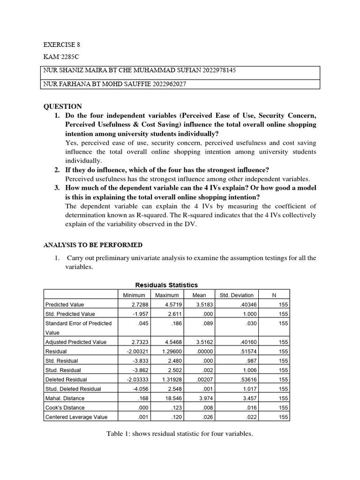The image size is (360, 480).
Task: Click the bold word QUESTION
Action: [63, 106]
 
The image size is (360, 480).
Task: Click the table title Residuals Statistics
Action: [166, 285]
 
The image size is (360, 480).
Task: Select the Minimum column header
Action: [134, 295]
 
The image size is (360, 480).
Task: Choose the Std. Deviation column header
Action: [237, 295]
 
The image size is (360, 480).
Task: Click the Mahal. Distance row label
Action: [65, 398]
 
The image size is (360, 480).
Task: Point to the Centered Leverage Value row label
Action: [76, 417]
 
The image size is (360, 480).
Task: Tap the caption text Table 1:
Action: [119, 434]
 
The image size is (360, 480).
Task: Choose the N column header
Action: [274, 295]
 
